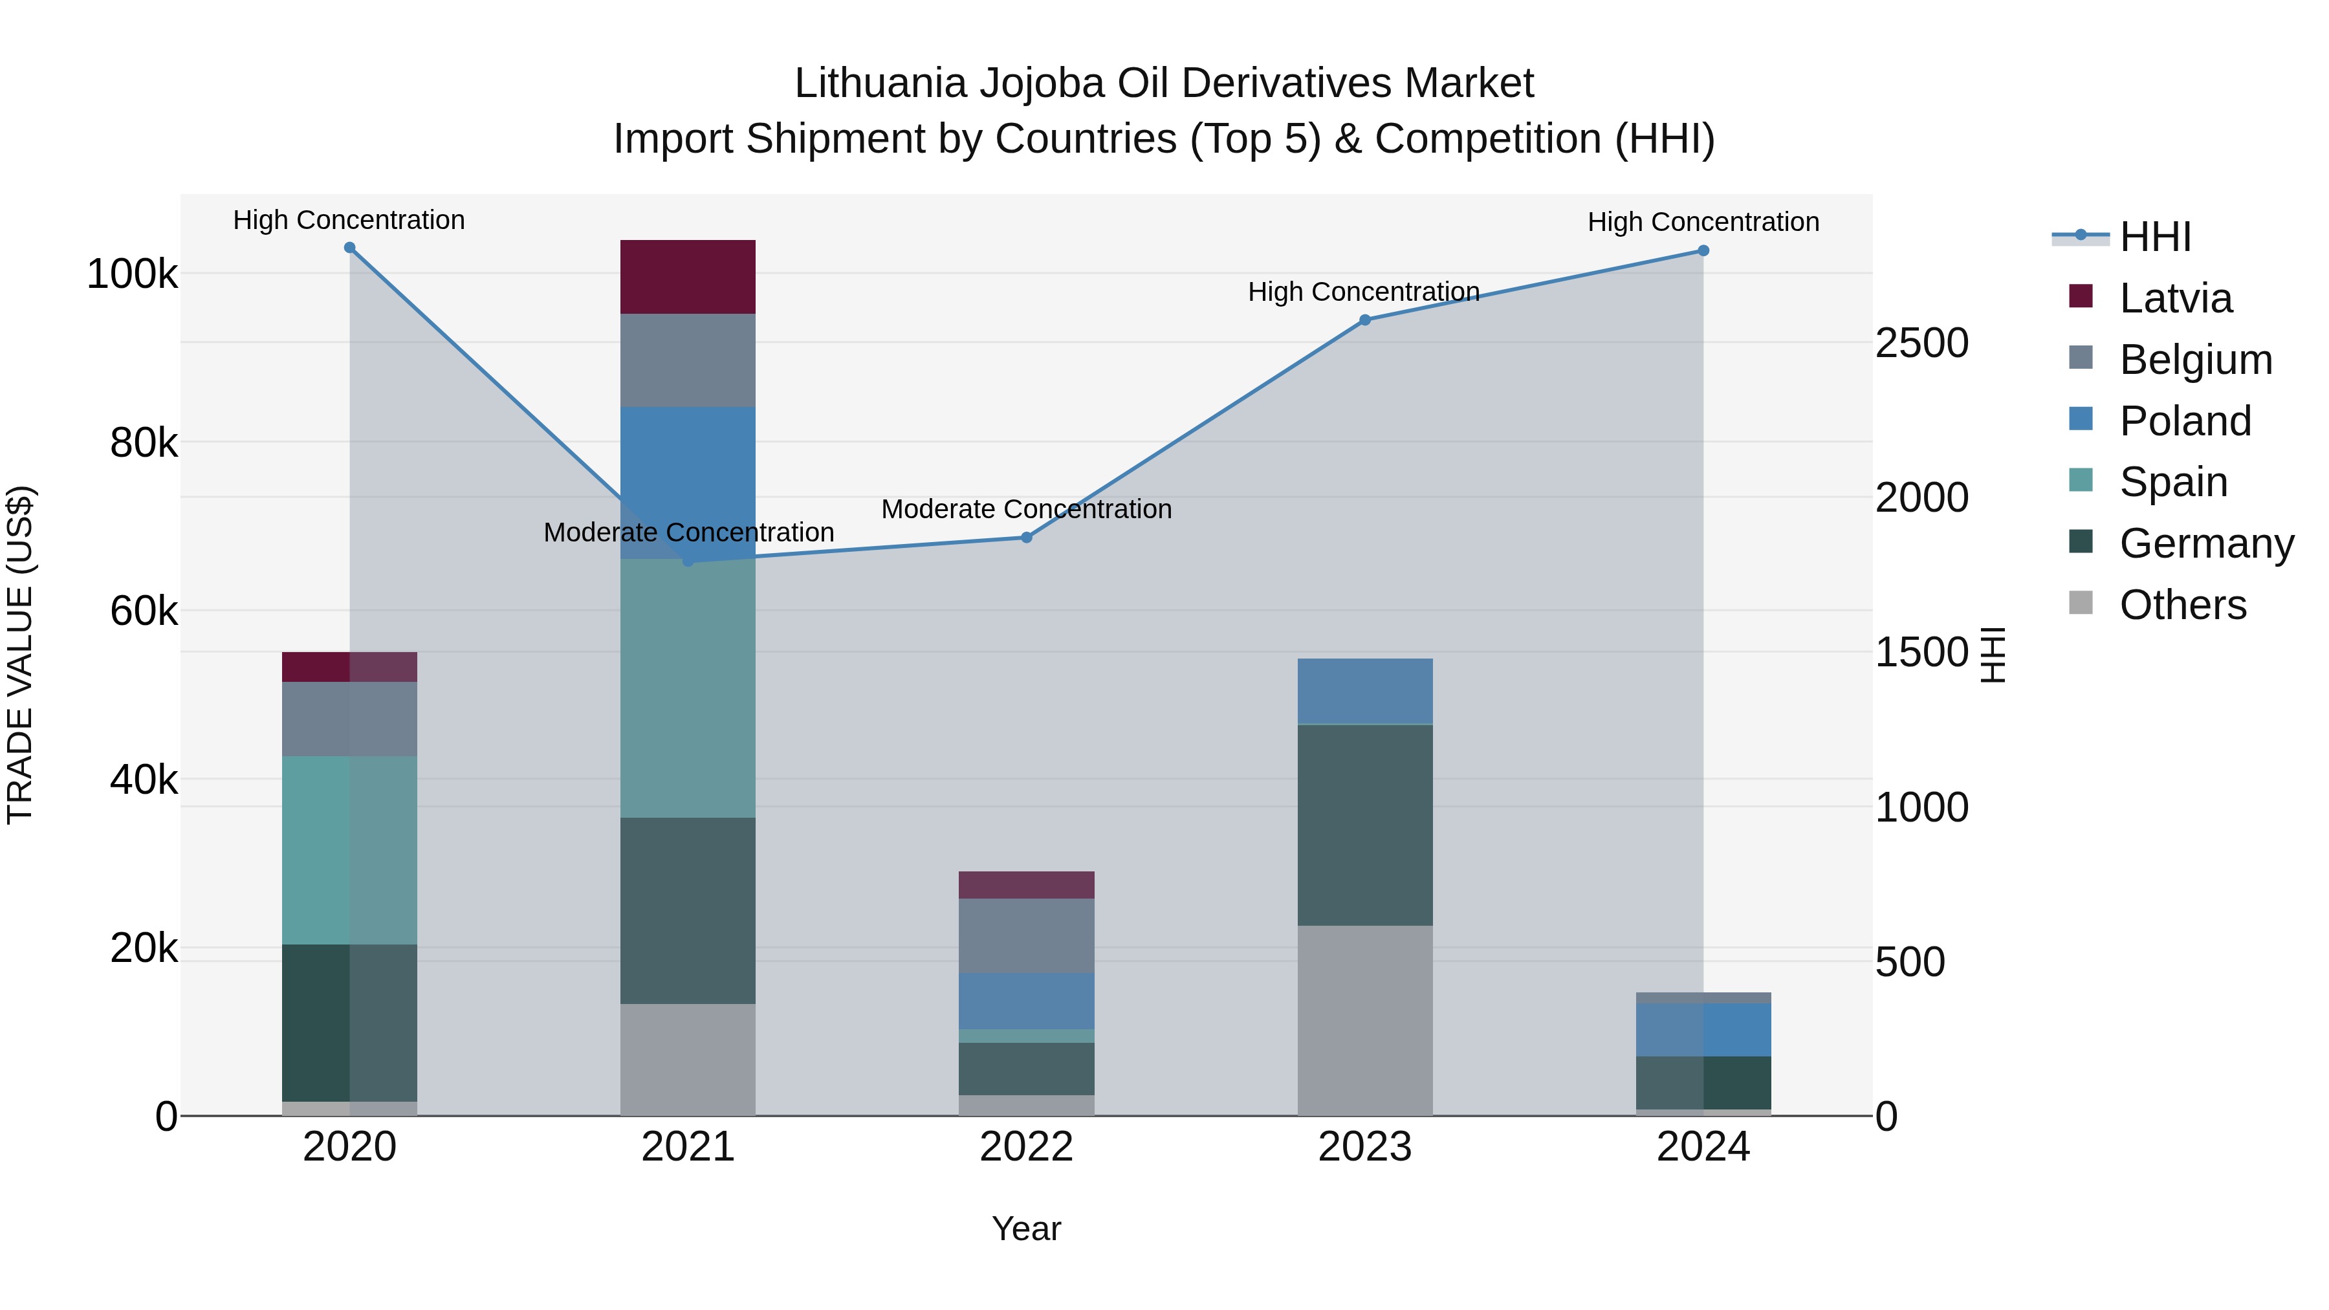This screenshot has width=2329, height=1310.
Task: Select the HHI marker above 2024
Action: (x=1703, y=250)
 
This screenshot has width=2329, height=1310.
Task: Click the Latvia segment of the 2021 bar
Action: (x=688, y=277)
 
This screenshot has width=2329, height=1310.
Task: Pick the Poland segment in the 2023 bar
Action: (x=1365, y=691)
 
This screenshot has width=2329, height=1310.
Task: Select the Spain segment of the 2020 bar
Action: (x=350, y=850)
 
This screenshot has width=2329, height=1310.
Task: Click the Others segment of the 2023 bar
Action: (x=1365, y=1020)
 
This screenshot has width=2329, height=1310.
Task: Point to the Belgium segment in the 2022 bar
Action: (x=1026, y=935)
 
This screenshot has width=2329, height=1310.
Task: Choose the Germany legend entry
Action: (x=2206, y=543)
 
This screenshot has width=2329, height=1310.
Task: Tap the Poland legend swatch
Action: (x=2081, y=419)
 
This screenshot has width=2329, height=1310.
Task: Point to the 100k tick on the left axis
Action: (x=132, y=274)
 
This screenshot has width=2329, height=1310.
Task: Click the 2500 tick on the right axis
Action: (x=1921, y=344)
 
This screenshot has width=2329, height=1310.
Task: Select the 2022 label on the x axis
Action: (x=1026, y=1147)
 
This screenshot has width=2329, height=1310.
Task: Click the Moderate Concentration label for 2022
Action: (x=1026, y=509)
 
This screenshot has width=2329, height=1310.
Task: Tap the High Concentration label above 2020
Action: (x=349, y=220)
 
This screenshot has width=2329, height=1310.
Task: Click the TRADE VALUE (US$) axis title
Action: (x=20, y=655)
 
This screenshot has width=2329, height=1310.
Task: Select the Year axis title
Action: (x=1026, y=1228)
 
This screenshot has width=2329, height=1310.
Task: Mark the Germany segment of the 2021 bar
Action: (x=688, y=910)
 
